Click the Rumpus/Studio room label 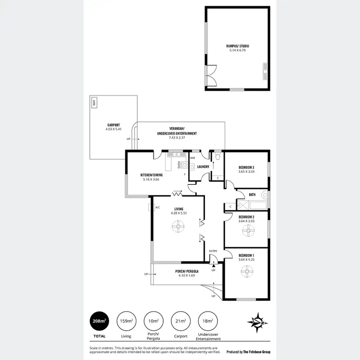coord(238,46)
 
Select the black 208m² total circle coord(99,321)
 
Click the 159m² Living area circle coord(126,321)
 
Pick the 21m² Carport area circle coord(180,321)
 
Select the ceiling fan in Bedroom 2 coord(249,231)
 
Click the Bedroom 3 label coord(246,168)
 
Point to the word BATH coord(252,195)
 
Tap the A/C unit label coord(157,207)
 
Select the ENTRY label coord(213,251)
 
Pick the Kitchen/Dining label coord(152,175)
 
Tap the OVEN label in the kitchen coord(179,165)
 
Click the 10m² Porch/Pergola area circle coord(154,321)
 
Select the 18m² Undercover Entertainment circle coord(208,321)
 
